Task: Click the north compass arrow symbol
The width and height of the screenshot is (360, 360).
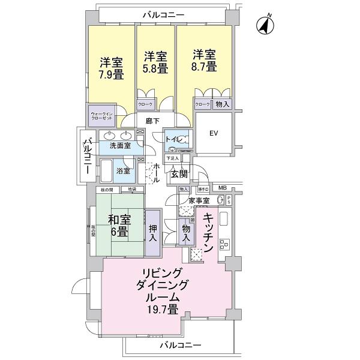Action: pyautogui.click(x=264, y=25)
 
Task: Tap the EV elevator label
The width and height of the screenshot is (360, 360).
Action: pyautogui.click(x=214, y=134)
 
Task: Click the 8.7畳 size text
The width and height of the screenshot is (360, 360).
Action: pyautogui.click(x=203, y=67)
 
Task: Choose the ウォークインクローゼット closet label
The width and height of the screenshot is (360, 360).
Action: pyautogui.click(x=98, y=115)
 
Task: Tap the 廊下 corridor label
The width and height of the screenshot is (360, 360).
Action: pyautogui.click(x=152, y=121)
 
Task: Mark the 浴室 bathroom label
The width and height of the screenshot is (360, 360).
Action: pyautogui.click(x=131, y=170)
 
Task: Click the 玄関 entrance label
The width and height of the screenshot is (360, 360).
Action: pyautogui.click(x=178, y=174)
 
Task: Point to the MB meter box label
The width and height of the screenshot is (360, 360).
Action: pyautogui.click(x=222, y=188)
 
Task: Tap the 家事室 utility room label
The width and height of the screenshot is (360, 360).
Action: pyautogui.click(x=197, y=200)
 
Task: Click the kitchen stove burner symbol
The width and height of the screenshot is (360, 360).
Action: pyautogui.click(x=226, y=244)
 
